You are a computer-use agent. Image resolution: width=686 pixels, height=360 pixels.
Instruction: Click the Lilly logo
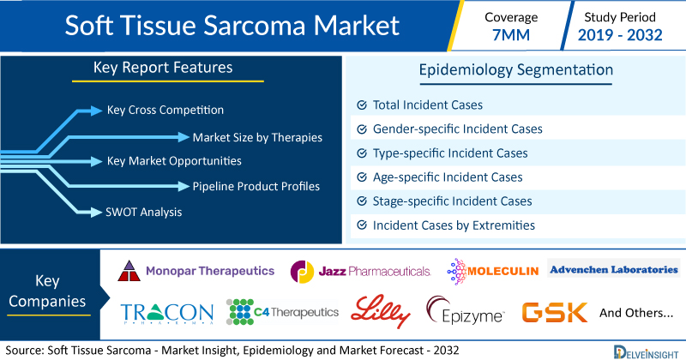tap(381, 311)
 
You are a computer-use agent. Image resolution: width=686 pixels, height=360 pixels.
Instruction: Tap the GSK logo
tap(554, 312)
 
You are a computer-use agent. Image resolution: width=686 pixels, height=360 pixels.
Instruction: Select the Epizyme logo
tap(466, 310)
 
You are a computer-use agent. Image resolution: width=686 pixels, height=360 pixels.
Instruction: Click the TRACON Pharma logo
tap(166, 313)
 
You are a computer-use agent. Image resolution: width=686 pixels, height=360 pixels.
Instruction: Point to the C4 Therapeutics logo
tap(283, 312)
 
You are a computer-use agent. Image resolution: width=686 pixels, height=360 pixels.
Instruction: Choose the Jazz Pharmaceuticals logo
tap(360, 272)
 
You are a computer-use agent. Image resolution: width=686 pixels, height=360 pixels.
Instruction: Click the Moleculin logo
tap(492, 271)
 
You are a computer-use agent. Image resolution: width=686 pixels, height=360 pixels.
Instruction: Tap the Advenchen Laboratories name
tap(614, 269)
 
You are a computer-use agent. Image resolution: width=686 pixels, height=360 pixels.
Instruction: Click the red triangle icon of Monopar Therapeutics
tap(129, 271)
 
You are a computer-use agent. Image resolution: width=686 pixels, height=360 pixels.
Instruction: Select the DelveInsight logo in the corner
tap(646, 352)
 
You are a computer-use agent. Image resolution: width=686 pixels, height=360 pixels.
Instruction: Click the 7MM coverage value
tap(511, 35)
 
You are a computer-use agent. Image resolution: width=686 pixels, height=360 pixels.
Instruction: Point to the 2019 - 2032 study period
tap(620, 35)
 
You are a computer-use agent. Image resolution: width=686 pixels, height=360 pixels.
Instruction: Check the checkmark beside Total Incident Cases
tap(362, 105)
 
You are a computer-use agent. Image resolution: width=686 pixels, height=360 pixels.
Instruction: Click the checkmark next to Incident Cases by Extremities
tap(362, 225)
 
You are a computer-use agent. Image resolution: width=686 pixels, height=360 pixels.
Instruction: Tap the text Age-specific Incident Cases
tap(448, 177)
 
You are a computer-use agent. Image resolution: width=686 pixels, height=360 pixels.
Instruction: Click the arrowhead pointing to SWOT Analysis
tap(96, 213)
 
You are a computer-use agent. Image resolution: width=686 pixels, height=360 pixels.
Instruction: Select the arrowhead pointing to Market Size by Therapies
tap(184, 137)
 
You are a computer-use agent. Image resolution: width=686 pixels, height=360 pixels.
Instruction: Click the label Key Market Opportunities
tap(174, 161)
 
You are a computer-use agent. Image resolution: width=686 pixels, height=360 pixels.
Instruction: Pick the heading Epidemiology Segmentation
tap(516, 70)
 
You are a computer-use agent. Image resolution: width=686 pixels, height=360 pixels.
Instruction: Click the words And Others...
tap(636, 313)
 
